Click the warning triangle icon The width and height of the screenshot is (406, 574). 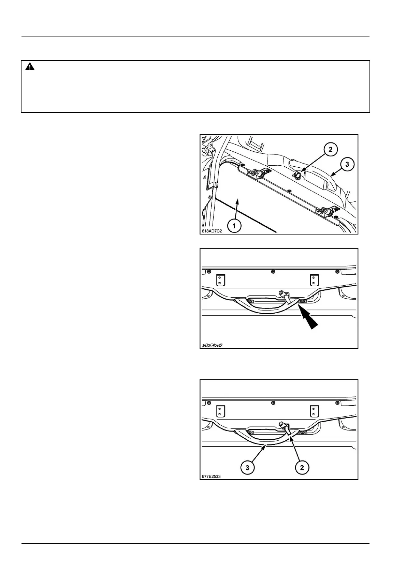coord(30,67)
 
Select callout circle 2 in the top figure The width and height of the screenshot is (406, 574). coord(330,149)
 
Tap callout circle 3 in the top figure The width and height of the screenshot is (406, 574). coord(347,165)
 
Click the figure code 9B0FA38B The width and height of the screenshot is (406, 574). coord(212,345)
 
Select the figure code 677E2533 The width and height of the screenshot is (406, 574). coord(211,476)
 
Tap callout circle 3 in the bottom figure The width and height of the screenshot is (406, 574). coord(247,468)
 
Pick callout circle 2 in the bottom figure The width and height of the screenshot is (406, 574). coord(302,468)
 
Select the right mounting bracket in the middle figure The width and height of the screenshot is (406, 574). coord(314,280)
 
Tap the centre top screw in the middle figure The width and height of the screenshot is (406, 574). coord(273,271)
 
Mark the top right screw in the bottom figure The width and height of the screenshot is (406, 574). coord(337,403)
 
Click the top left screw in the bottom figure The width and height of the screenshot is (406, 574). coord(209,403)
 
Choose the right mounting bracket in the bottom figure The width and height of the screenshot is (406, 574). coord(314,411)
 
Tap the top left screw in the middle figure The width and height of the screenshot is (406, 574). coord(209,271)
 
